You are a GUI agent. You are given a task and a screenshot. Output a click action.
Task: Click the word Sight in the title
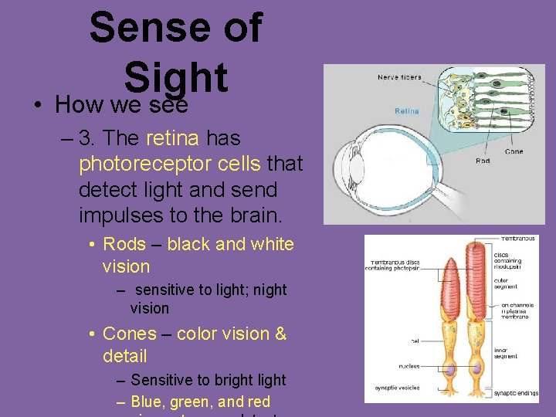coord(175,77)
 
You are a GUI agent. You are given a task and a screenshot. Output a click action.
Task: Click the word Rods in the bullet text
coord(124,245)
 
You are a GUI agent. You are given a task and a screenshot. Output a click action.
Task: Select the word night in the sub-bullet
coord(270,290)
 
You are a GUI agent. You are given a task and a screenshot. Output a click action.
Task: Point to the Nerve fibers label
coord(399,77)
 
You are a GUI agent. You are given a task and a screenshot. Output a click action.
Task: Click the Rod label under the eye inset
coord(482,161)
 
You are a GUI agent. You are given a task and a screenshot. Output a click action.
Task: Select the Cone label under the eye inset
coord(513,152)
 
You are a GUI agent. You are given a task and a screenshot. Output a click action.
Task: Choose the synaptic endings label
coord(515,393)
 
